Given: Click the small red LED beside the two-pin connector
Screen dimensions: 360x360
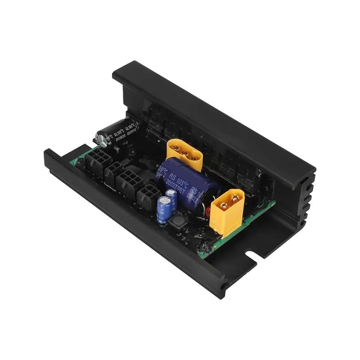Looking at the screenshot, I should (208, 211).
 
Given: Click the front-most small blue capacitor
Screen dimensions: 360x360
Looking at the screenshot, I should (162, 208).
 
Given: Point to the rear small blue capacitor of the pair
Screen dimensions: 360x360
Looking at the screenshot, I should (171, 198).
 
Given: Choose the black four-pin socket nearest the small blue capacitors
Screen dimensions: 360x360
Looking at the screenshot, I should (147, 196).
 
